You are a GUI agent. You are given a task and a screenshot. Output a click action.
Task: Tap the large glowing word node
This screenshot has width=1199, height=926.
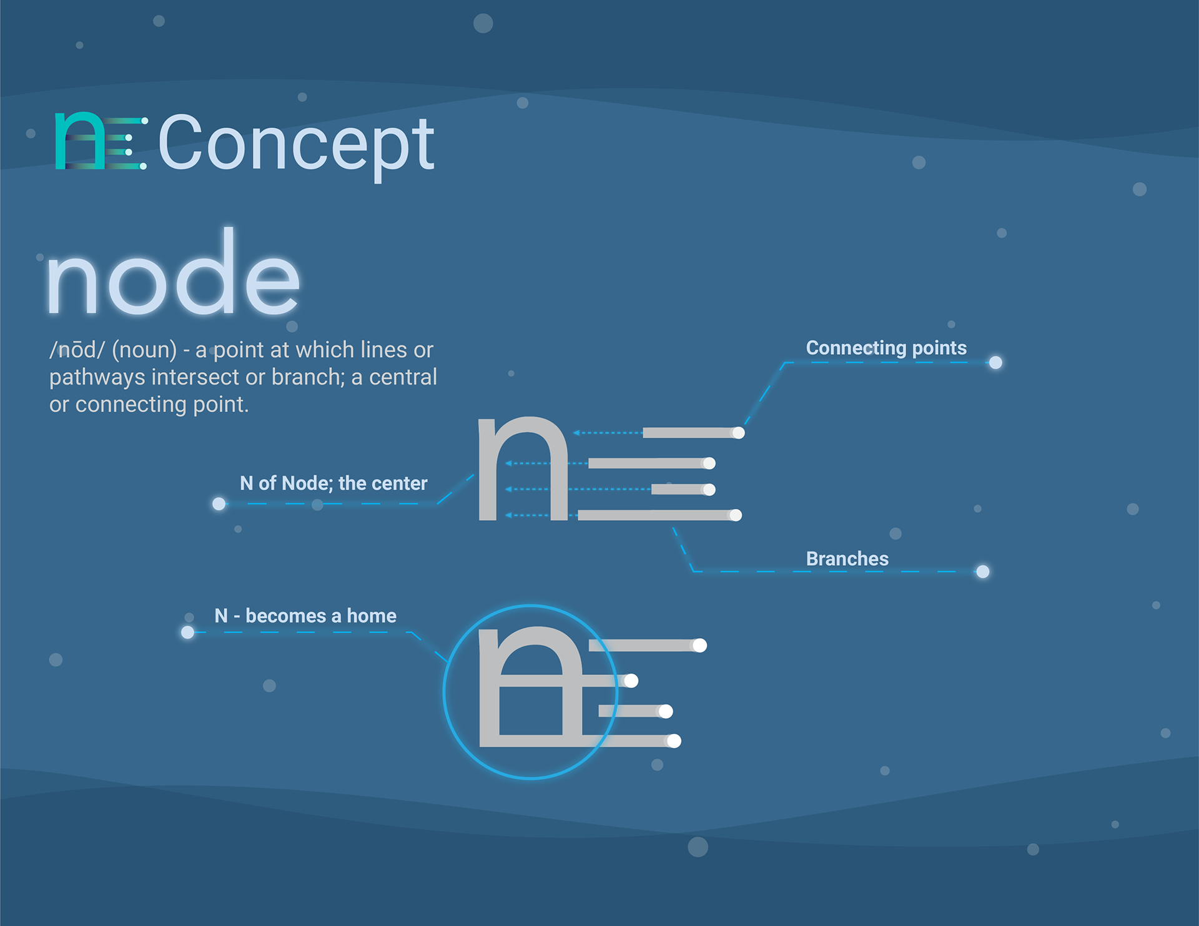pyautogui.click(x=173, y=275)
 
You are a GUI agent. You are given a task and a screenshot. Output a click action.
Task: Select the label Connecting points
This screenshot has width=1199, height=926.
pyautogui.click(x=886, y=348)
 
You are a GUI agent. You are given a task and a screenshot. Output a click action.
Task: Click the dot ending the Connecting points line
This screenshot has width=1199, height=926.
pyautogui.click(x=995, y=363)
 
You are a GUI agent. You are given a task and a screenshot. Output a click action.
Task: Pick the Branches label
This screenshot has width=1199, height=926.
pyautogui.click(x=847, y=559)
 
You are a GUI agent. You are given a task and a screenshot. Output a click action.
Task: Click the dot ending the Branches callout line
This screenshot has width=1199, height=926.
pyautogui.click(x=982, y=571)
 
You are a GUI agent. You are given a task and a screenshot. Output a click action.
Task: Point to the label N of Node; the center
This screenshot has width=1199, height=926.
pyautogui.click(x=333, y=483)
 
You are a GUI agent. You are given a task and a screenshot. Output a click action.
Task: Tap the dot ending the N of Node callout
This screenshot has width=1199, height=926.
pyautogui.click(x=219, y=504)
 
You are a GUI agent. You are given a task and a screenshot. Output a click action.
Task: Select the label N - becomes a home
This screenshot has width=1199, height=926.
pyautogui.click(x=305, y=616)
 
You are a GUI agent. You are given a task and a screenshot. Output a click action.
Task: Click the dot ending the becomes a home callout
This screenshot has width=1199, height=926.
pyautogui.click(x=187, y=633)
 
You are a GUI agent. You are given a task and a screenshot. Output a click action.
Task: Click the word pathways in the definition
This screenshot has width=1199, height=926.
pyautogui.click(x=97, y=378)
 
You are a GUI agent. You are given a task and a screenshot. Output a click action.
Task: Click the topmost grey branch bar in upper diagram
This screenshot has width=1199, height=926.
pyautogui.click(x=687, y=433)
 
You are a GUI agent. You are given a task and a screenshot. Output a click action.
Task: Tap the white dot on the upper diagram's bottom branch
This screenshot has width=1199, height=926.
pyautogui.click(x=736, y=515)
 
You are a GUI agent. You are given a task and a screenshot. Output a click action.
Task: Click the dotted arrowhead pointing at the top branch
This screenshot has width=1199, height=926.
pyautogui.click(x=576, y=433)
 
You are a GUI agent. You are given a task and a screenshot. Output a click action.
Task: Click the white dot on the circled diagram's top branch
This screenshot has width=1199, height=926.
pyautogui.click(x=699, y=645)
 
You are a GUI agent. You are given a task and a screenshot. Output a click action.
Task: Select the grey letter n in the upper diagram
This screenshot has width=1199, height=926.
pyautogui.click(x=523, y=468)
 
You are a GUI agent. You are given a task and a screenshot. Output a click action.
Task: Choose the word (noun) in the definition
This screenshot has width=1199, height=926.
pyautogui.click(x=144, y=350)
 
